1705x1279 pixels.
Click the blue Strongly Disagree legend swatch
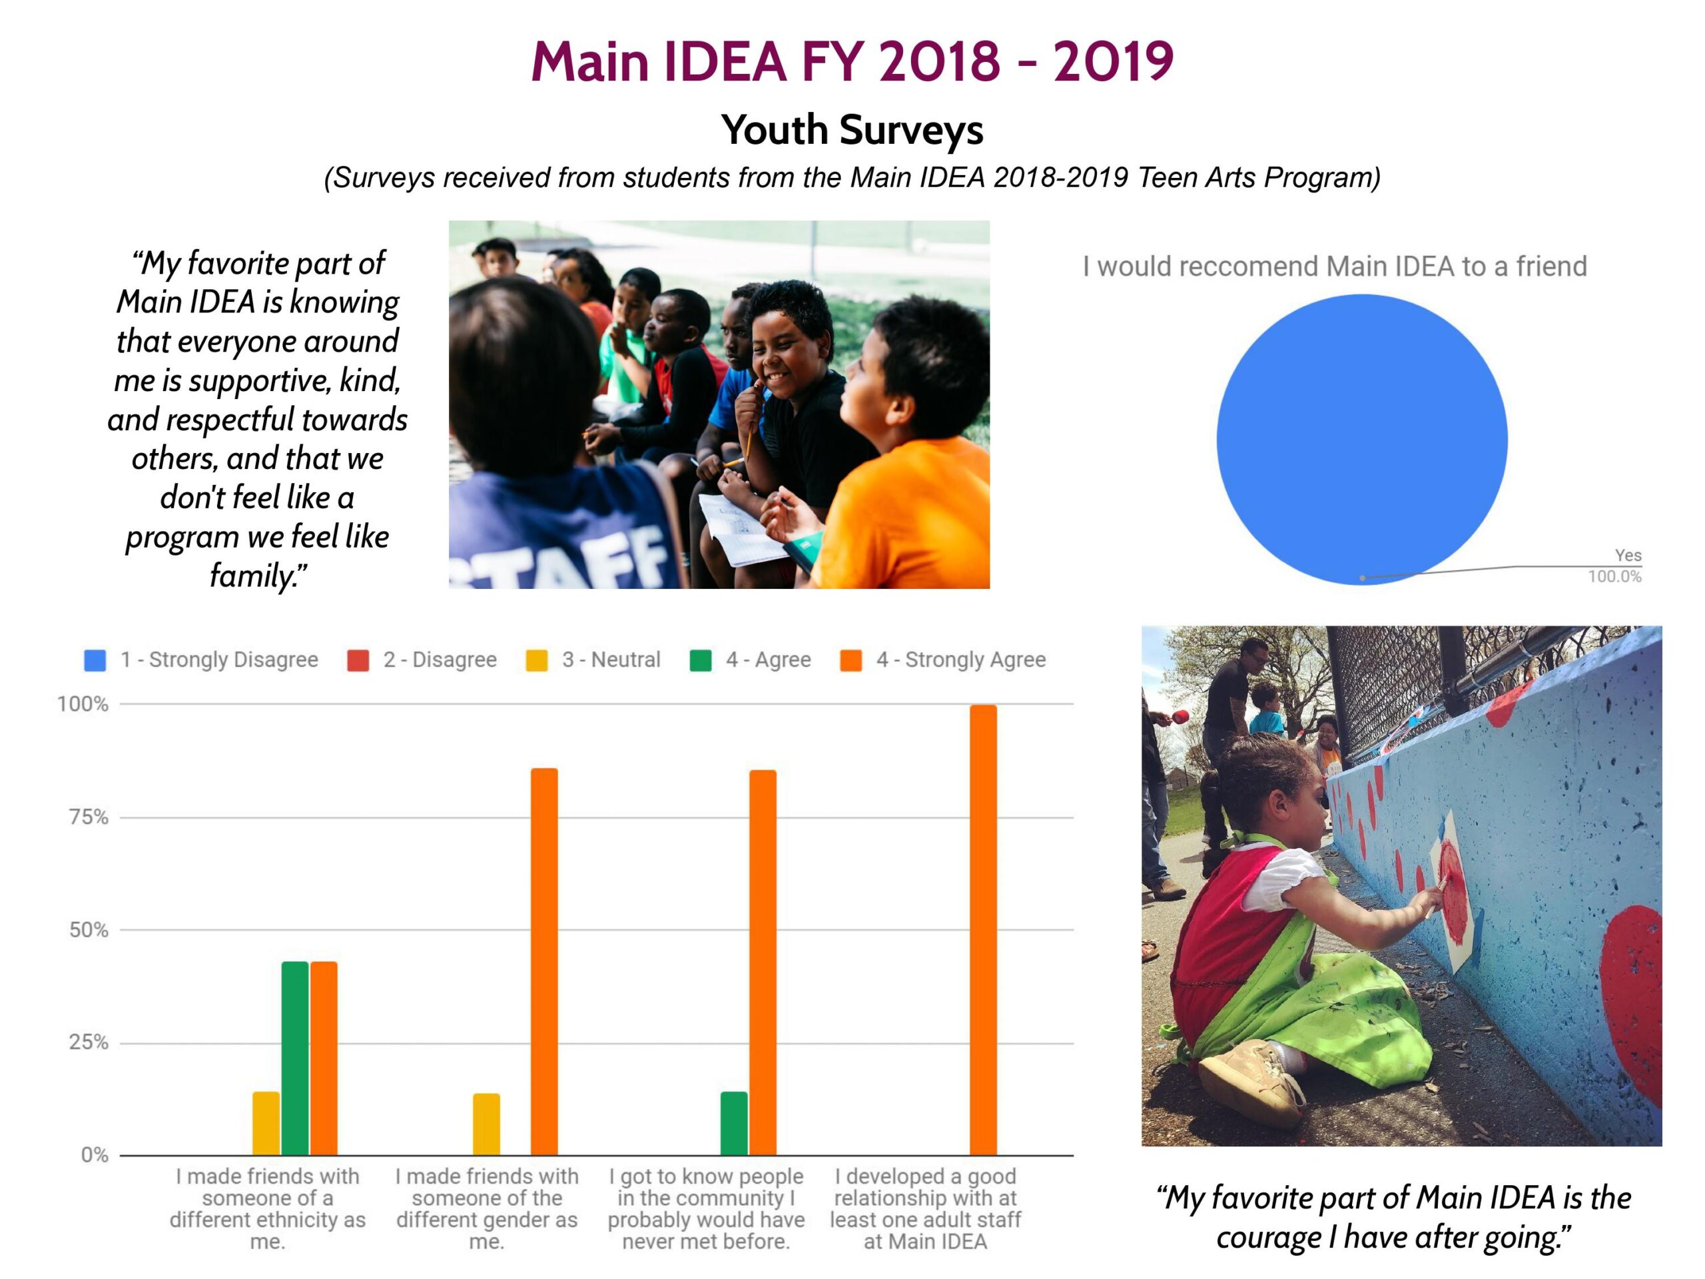coord(95,661)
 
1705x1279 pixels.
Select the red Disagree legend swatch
coord(358,661)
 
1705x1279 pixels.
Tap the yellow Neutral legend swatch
coord(536,661)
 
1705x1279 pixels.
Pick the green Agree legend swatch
coord(700,661)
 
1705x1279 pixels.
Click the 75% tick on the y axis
coord(89,817)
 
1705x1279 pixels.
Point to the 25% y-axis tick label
coord(89,1043)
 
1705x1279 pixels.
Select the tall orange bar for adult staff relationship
coord(983,929)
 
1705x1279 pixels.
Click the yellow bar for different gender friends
coord(486,1123)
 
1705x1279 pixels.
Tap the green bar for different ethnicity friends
coord(294,1058)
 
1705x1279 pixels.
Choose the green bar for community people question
coord(734,1122)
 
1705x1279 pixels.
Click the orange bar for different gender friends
coord(544,961)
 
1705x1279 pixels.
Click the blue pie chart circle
coord(1361,440)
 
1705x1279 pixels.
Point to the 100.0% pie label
coord(1614,577)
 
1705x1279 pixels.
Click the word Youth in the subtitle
coord(774,129)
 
